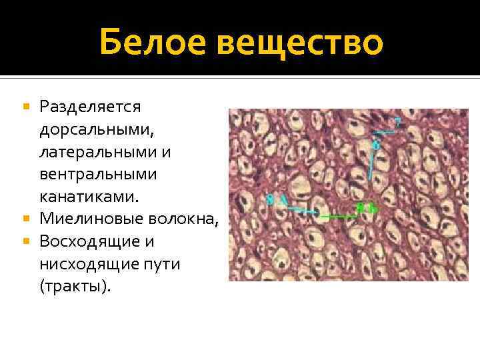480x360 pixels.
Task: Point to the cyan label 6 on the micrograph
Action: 376,144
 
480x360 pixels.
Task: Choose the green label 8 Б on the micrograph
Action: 367,207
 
